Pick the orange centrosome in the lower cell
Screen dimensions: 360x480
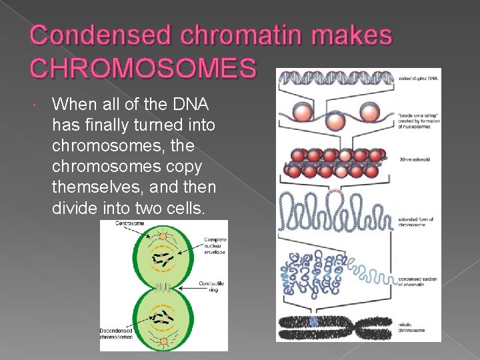[163, 341]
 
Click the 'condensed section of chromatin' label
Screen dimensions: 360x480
[419, 281]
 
